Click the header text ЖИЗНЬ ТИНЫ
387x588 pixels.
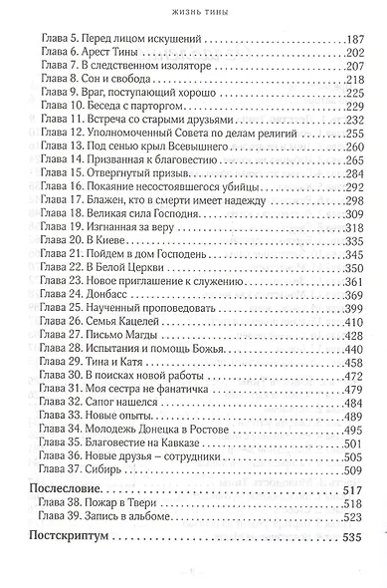[194, 11]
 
